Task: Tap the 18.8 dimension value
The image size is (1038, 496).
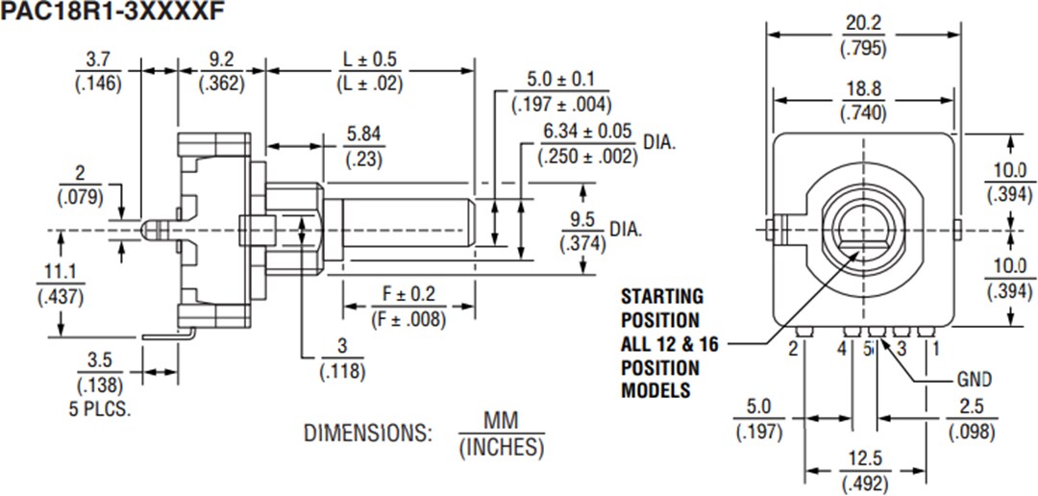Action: point(862,89)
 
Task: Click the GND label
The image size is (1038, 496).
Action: point(974,380)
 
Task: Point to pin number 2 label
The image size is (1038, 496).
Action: point(793,350)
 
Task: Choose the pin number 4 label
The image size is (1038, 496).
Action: point(842,350)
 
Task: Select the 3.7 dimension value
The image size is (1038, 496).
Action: point(97,61)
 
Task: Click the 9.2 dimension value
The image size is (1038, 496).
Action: point(221,61)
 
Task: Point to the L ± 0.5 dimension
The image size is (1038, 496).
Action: point(370,61)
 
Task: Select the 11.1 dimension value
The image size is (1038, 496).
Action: point(59,274)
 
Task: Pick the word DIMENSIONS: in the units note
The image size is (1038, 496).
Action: point(368,434)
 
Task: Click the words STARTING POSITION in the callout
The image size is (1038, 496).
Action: point(661,308)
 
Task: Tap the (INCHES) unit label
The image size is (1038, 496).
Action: point(501,447)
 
